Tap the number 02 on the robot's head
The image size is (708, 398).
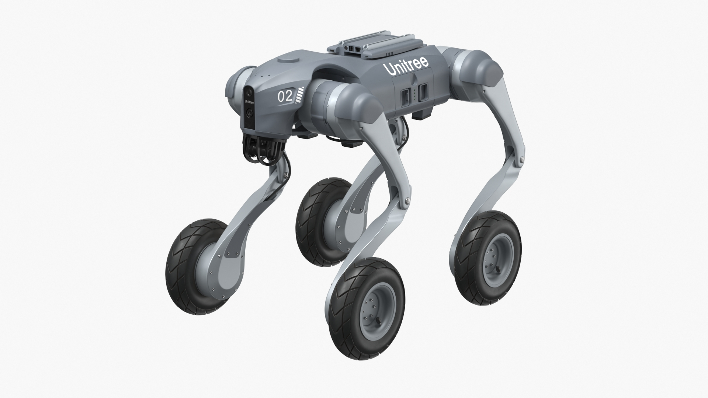tap(285, 97)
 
